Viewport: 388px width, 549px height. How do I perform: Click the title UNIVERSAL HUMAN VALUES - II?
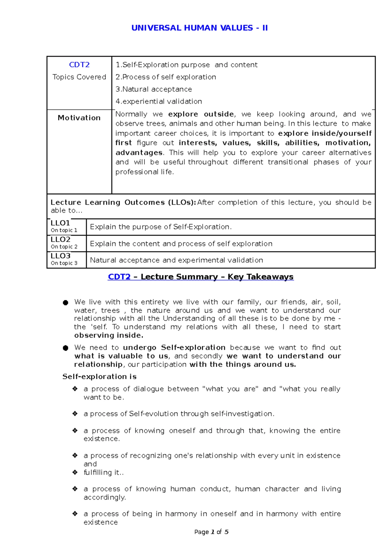(199, 28)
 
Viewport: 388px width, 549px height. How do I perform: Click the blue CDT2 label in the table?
(79, 65)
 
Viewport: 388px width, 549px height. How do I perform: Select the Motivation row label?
(79, 118)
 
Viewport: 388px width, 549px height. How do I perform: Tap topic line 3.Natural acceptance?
(154, 89)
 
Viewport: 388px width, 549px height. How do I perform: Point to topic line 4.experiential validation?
(159, 102)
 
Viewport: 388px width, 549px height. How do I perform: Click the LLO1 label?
(60, 223)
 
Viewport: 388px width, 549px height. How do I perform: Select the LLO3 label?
(60, 256)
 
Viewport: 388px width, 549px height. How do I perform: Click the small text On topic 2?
(64, 247)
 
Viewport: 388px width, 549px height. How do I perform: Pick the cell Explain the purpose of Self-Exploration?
(161, 227)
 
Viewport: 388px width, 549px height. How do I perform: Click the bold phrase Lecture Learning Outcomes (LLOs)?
(123, 202)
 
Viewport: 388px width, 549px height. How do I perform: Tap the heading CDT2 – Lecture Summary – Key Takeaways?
(200, 277)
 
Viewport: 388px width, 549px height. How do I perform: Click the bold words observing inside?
(109, 335)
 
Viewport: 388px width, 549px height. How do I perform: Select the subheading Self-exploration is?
(99, 377)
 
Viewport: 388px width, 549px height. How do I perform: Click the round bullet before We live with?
(66, 303)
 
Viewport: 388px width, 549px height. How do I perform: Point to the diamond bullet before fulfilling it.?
(75, 472)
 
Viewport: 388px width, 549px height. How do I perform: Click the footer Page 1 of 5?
(211, 532)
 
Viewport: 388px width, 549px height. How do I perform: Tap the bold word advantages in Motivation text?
(139, 153)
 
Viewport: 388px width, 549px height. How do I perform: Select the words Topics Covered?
(79, 77)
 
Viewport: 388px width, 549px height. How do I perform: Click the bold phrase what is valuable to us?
(121, 356)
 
